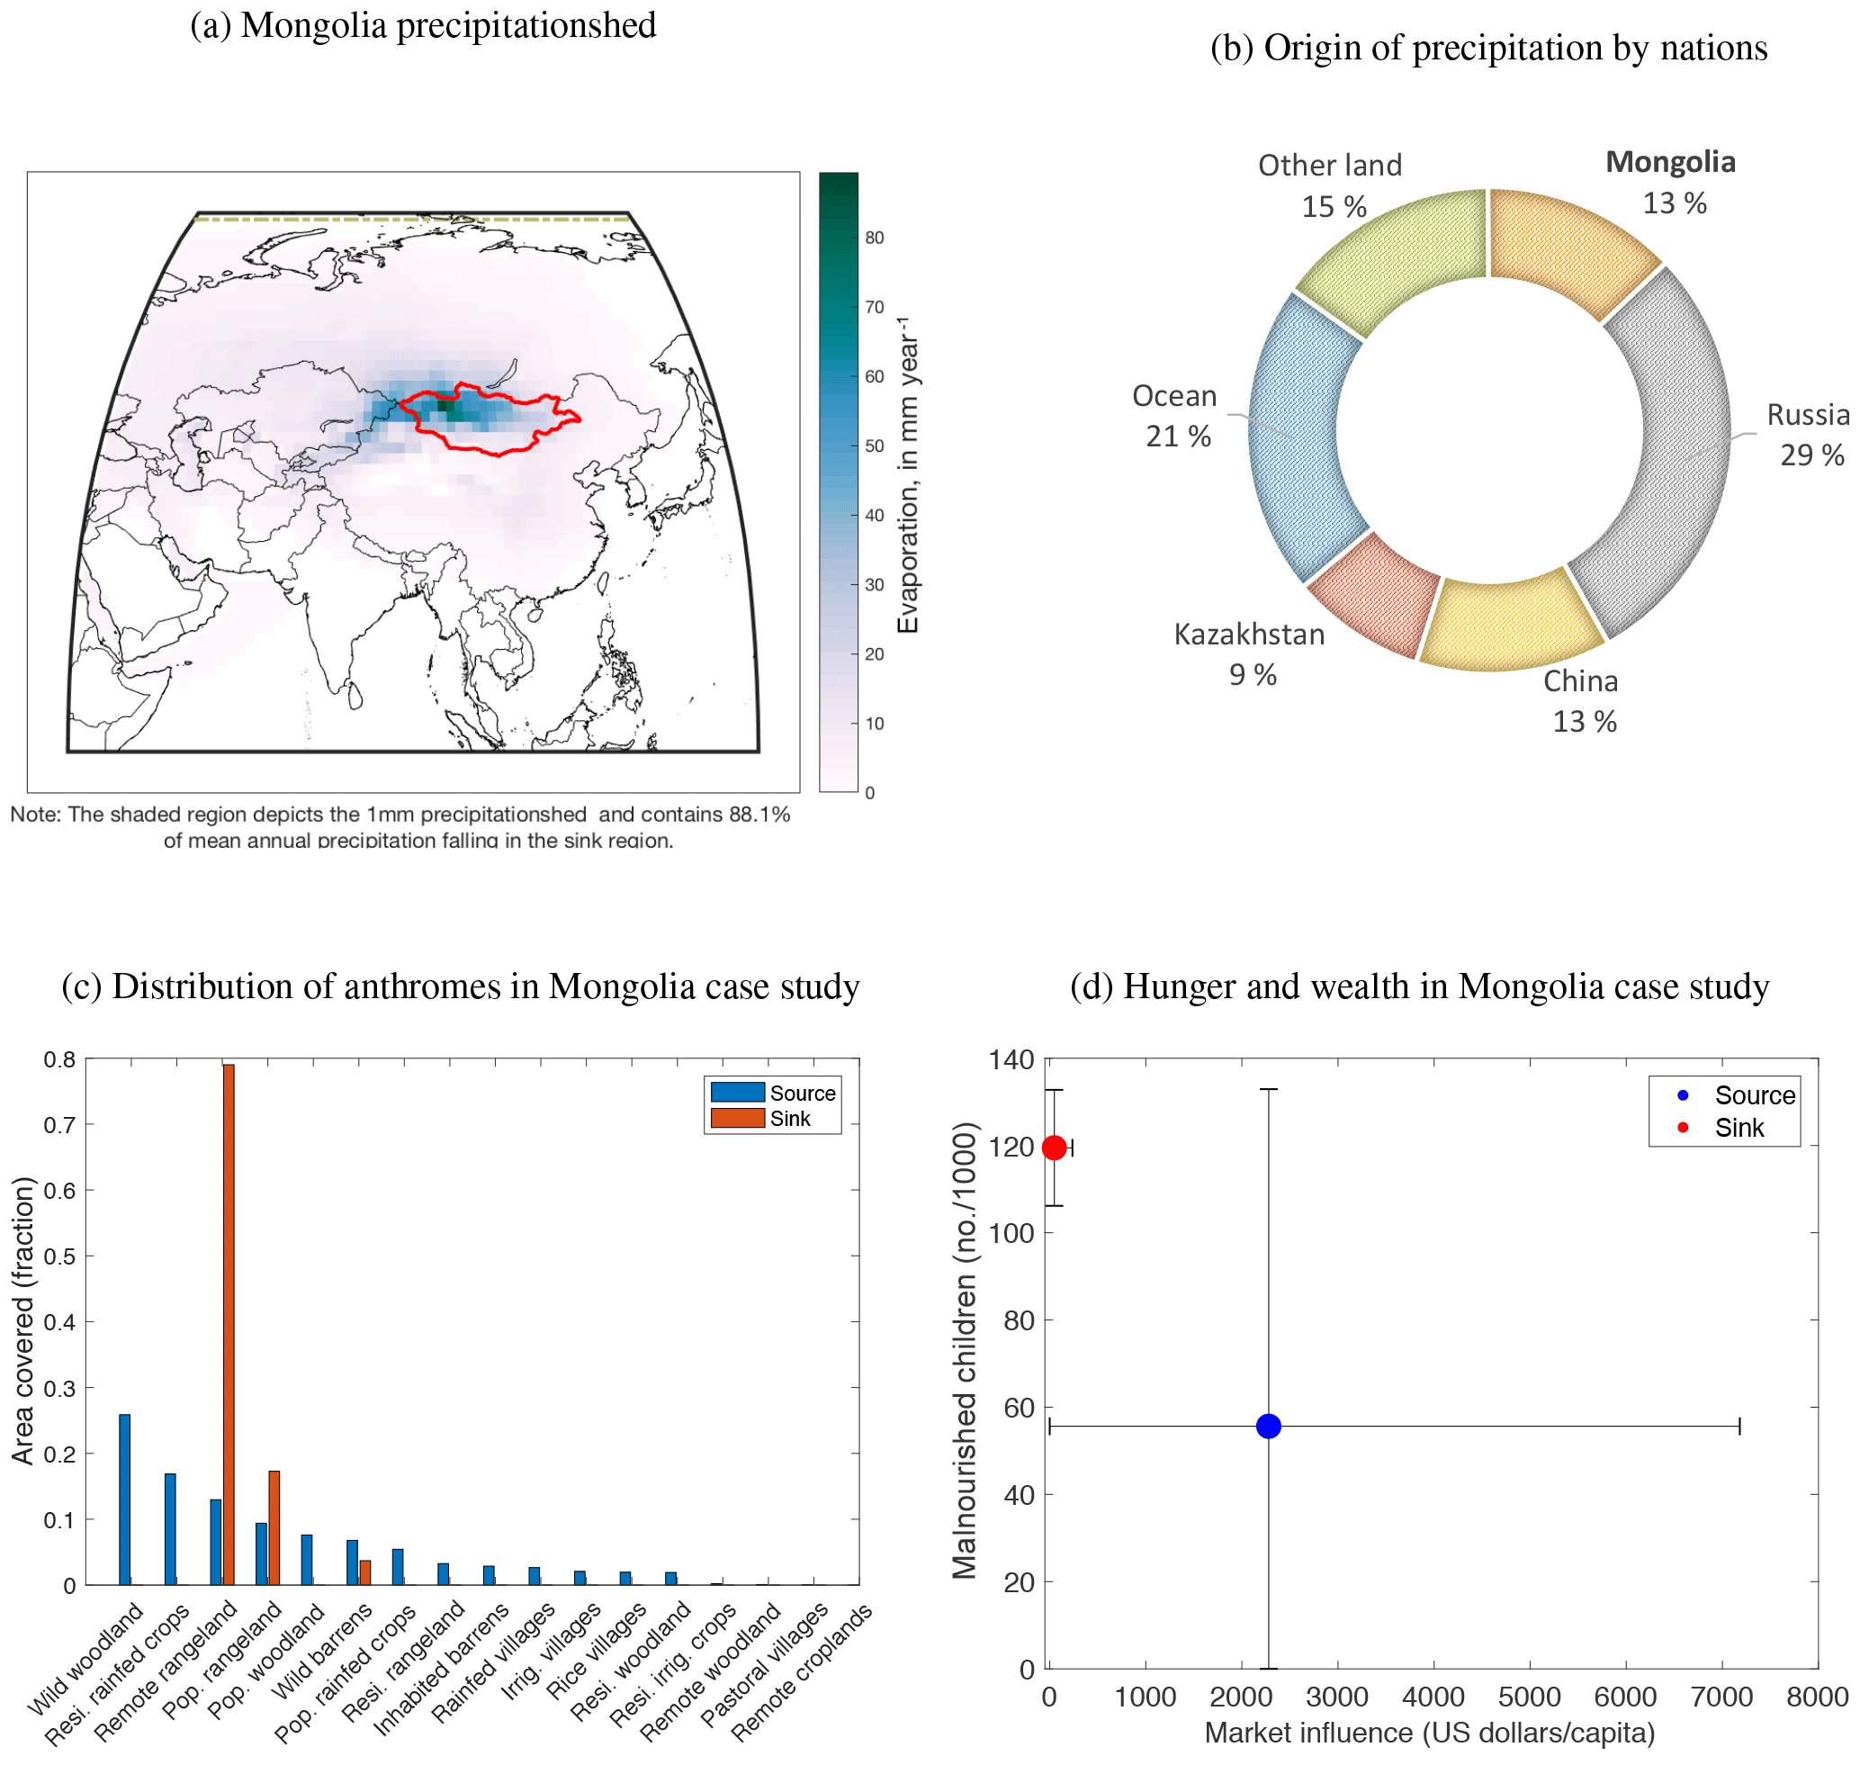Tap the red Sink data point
tap(1054, 1147)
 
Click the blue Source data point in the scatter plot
tap(1268, 1427)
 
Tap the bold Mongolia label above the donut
tap(1670, 162)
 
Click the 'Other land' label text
tap(1329, 166)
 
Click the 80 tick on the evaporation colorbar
tap(875, 238)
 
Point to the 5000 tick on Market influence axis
tap(1530, 1697)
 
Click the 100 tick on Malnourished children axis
tap(1011, 1233)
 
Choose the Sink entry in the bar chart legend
tap(788, 1119)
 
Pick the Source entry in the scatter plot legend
tap(1754, 1095)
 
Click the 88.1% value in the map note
tap(759, 815)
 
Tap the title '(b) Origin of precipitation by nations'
tap(1488, 48)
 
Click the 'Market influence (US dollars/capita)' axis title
tap(1429, 1732)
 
